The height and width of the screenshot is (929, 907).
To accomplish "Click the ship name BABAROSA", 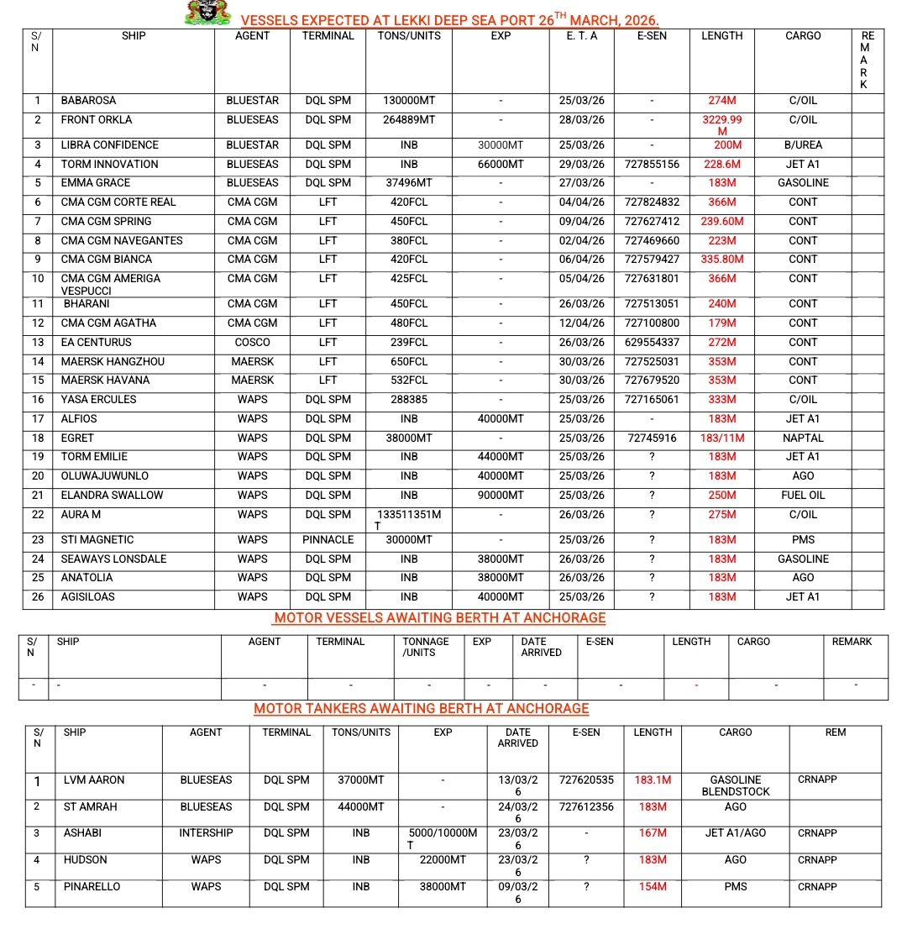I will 88,101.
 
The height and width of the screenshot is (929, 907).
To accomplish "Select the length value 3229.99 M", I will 722,125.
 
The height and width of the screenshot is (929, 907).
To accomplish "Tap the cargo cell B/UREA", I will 803,145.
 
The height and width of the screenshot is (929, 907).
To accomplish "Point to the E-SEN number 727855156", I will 652,165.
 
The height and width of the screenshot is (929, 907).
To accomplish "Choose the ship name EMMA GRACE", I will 95,183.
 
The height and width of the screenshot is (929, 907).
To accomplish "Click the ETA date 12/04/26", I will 582,323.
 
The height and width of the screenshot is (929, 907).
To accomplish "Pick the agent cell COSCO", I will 253,343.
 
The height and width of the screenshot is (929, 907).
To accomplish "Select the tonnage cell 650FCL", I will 409,362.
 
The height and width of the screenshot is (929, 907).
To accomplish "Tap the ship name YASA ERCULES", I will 98,400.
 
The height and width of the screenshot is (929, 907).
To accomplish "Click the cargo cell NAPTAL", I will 803,438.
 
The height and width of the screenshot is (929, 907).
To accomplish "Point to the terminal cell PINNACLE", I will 328,540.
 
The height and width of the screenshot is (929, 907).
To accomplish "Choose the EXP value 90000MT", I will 501,496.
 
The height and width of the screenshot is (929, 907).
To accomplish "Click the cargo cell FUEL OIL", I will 803,496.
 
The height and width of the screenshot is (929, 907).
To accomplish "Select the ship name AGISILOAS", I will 88,597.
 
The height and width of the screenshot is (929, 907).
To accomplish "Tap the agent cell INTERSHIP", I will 206,833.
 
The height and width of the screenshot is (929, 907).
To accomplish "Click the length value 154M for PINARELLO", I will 653,887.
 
